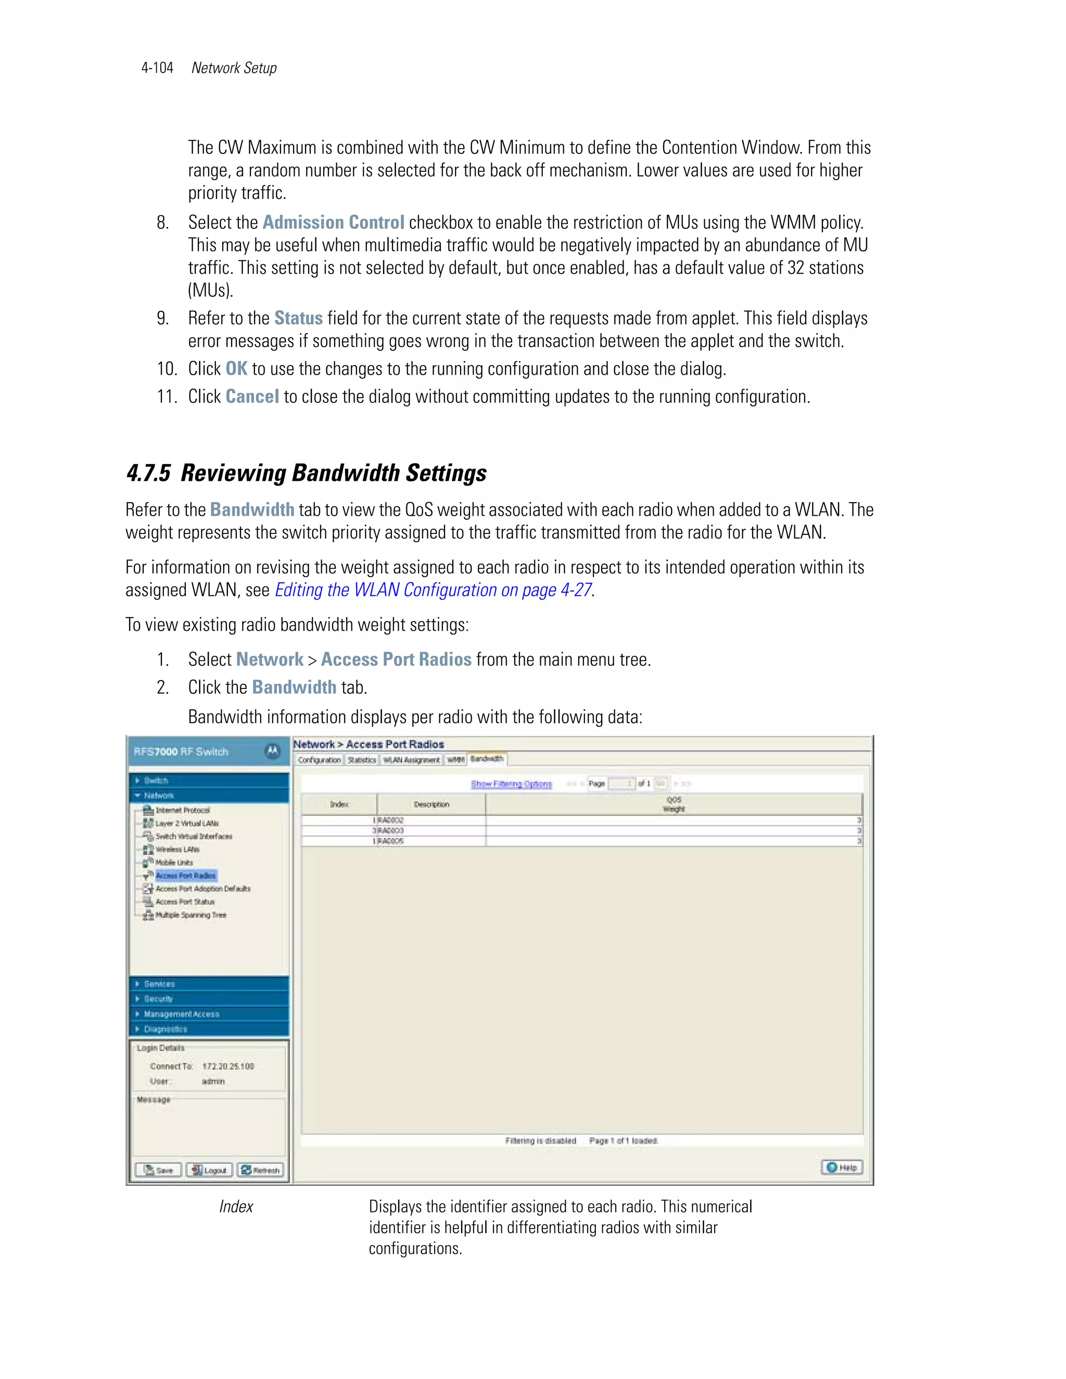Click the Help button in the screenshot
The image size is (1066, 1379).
(842, 1168)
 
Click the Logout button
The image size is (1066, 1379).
(209, 1170)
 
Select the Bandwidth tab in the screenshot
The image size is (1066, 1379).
(486, 759)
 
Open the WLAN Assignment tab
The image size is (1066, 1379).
(411, 760)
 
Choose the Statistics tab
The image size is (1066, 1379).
(362, 760)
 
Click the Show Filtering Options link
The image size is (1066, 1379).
(511, 784)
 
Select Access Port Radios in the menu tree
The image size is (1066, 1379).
(186, 875)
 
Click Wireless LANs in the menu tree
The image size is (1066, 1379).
(177, 849)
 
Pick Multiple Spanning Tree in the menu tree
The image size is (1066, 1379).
(190, 915)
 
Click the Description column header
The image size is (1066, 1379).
(432, 805)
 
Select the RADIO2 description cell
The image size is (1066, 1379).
(390, 820)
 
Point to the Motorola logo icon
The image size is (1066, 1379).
(272, 751)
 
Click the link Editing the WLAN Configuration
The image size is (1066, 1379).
(433, 590)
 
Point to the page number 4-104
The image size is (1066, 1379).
(157, 68)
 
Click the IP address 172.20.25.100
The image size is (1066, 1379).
(228, 1066)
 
